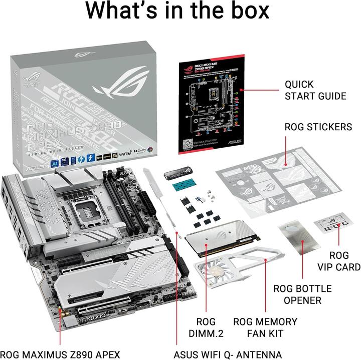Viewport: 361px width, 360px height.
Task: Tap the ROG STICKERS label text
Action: (x=318, y=127)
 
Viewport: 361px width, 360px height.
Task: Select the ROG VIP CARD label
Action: (x=339, y=261)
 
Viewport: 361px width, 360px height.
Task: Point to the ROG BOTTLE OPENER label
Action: (x=302, y=294)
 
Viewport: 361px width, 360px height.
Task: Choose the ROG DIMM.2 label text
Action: (x=206, y=327)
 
